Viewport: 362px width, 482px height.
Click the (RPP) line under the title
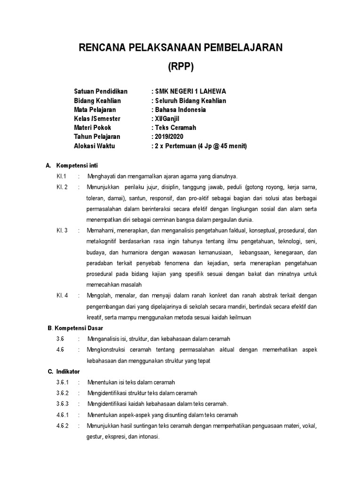[x=181, y=67]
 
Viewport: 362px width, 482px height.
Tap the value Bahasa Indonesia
[x=180, y=110]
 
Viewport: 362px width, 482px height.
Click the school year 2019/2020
[x=169, y=137]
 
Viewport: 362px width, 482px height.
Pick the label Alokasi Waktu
[x=94, y=146]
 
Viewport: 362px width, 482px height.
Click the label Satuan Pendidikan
[x=101, y=92]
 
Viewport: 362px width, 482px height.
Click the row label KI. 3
[x=62, y=231]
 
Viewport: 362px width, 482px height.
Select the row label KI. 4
[x=62, y=296]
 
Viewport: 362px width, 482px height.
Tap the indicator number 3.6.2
[x=62, y=393]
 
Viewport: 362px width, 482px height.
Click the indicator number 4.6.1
[x=62, y=415]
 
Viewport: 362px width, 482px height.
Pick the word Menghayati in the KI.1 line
[x=101, y=177]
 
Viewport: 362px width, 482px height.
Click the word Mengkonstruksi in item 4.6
[x=106, y=350]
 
